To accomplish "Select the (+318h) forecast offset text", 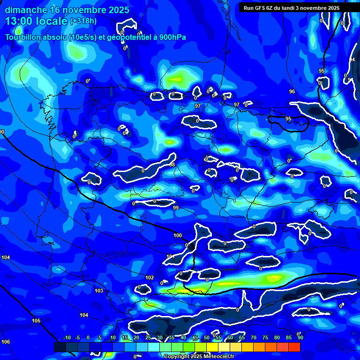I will [83, 21].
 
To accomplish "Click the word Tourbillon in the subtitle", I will [23, 37].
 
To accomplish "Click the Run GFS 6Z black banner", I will [298, 8].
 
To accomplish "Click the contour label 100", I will [178, 235].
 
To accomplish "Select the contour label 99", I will [176, 208].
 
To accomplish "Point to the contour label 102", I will [150, 278].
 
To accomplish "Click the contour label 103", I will [99, 291].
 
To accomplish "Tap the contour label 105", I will [36, 321].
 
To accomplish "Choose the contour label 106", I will [6, 342].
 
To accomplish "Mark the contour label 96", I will [292, 91].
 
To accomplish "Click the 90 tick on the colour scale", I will [300, 337].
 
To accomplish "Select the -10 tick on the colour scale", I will [67, 337].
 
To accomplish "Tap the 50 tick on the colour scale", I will [207, 337].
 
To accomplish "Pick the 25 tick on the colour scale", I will [148, 337].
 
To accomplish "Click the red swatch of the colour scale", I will [294, 347].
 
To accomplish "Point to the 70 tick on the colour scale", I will [254, 337].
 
